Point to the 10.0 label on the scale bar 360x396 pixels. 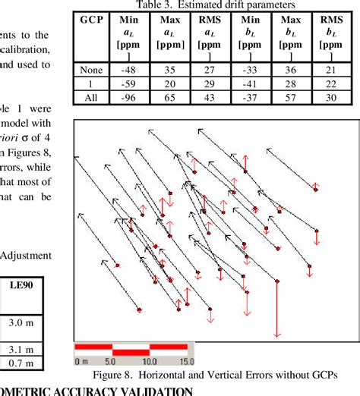(148, 360)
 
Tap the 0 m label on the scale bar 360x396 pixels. (82, 360)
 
